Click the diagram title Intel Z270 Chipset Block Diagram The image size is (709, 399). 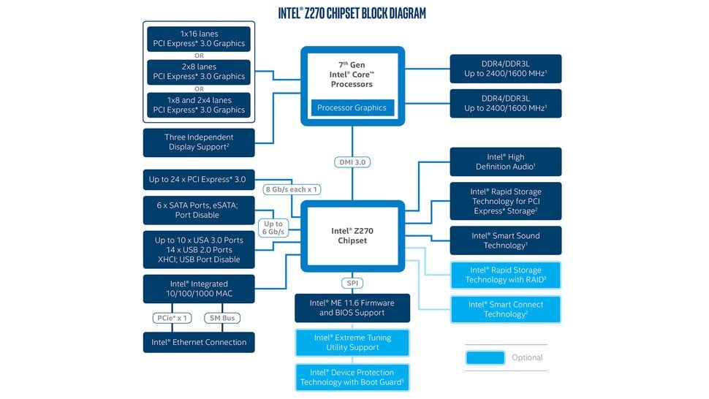tap(352, 13)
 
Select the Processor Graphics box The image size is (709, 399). tap(352, 108)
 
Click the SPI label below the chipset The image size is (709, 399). tap(352, 283)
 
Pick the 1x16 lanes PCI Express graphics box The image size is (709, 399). tap(199, 39)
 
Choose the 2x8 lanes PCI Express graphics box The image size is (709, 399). tap(199, 71)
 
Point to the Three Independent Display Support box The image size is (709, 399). tap(199, 142)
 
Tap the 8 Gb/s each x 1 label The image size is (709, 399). tap(292, 189)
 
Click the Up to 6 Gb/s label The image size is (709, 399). tap(273, 228)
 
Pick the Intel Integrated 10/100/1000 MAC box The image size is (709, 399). tap(199, 289)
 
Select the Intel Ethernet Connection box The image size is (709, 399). tap(199, 342)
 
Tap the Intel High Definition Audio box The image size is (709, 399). tap(506, 161)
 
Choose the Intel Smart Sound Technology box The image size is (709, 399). tap(506, 240)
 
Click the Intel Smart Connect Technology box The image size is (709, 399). tap(506, 309)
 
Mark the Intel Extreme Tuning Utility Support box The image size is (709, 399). tap(352, 342)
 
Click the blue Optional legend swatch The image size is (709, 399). tap(485, 357)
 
